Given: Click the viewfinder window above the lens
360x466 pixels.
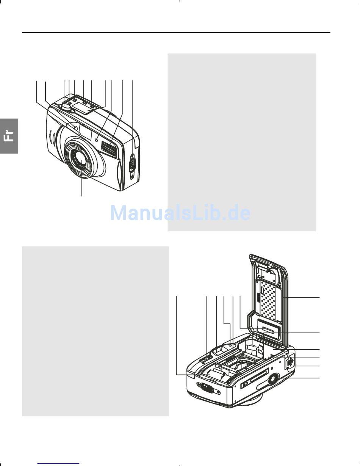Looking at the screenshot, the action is pos(85,132).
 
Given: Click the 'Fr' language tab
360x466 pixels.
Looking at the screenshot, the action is pos(9,135).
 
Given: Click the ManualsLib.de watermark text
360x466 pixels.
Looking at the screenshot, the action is pos(180,213).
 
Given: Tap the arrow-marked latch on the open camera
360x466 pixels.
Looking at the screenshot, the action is pos(290,363).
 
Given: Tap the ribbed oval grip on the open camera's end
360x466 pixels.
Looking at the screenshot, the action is pos(206,388).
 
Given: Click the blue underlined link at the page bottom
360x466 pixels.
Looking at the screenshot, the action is pos(59,463).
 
